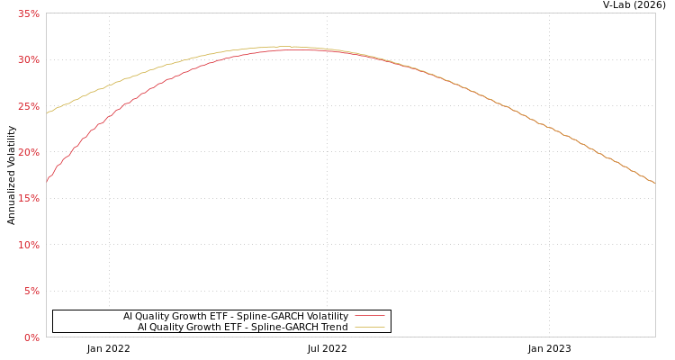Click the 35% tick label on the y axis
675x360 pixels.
(29, 13)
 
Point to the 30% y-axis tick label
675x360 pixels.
(29, 59)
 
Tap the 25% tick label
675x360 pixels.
(29, 106)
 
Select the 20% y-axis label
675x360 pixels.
(29, 152)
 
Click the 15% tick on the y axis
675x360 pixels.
(29, 198)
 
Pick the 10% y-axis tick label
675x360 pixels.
(29, 245)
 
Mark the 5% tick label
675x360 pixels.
(31, 291)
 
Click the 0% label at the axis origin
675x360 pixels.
(31, 337)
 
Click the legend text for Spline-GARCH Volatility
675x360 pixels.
(236, 317)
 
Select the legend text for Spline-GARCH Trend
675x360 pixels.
(243, 328)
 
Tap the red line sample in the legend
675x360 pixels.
(370, 317)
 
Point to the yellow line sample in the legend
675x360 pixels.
(370, 328)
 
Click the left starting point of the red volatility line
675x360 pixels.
(47, 182)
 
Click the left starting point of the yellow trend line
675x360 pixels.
(47, 113)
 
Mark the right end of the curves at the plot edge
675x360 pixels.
(654, 183)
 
